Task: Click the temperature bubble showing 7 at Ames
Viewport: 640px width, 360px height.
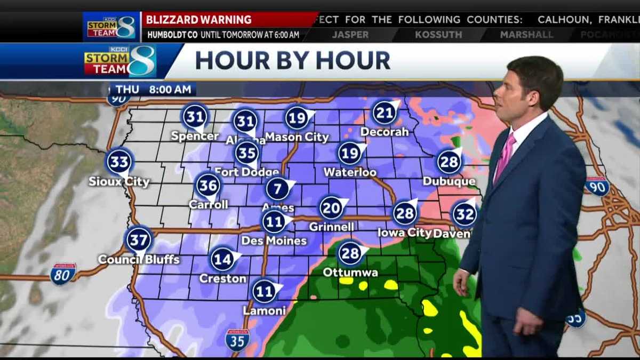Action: (277, 189)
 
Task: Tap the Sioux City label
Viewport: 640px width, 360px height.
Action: (119, 182)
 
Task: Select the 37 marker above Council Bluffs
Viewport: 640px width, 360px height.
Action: (139, 240)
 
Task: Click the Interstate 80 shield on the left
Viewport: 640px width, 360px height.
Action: (62, 274)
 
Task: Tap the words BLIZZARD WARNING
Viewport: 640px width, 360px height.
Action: (198, 20)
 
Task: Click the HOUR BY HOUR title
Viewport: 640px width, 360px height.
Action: (292, 60)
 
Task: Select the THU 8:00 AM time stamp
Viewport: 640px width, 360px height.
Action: (154, 90)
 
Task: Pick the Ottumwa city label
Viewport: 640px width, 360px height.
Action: (350, 273)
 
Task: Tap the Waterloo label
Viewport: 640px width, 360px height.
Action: (350, 172)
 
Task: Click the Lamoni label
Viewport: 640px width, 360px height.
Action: (264, 310)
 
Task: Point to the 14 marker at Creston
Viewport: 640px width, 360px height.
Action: (222, 259)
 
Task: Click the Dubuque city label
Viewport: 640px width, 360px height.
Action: (449, 181)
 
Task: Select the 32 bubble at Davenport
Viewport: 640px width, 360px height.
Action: (464, 214)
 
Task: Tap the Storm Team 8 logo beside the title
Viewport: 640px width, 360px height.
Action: (121, 61)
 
